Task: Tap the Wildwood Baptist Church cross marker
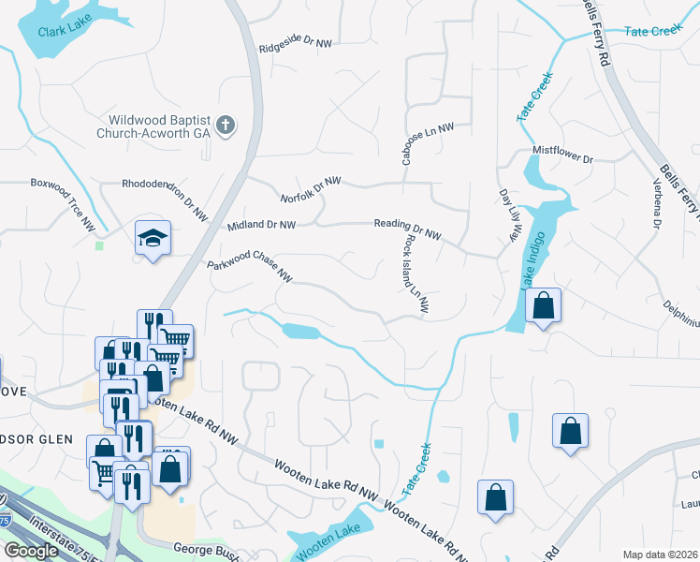[x=225, y=126]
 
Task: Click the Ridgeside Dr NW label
[x=296, y=43]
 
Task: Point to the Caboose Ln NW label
[x=429, y=142]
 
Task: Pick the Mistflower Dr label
[x=563, y=155]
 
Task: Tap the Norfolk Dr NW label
[x=311, y=188]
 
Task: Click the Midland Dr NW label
[x=261, y=226]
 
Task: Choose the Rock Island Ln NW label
[x=416, y=273]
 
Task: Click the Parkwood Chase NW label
[x=250, y=264]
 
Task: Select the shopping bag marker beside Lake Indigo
[x=543, y=305]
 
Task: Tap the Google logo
[x=31, y=551]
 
